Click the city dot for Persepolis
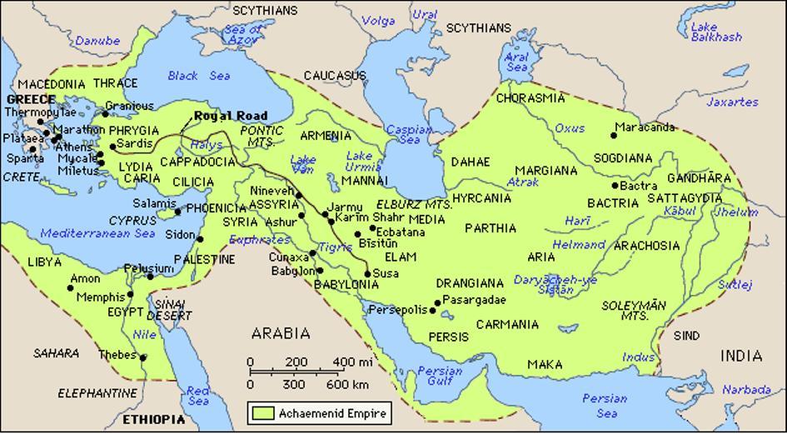point(433,310)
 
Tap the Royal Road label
point(231,116)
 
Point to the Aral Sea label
point(516,62)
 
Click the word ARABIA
point(281,334)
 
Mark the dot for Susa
point(367,273)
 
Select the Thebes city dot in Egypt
point(143,358)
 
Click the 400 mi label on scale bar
point(352,362)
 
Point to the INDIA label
point(741,356)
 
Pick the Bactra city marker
point(615,186)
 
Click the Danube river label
point(98,40)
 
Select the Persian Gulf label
point(439,377)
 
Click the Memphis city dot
point(130,294)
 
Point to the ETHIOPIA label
point(153,419)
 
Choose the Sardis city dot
point(112,147)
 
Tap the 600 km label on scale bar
point(347,386)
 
